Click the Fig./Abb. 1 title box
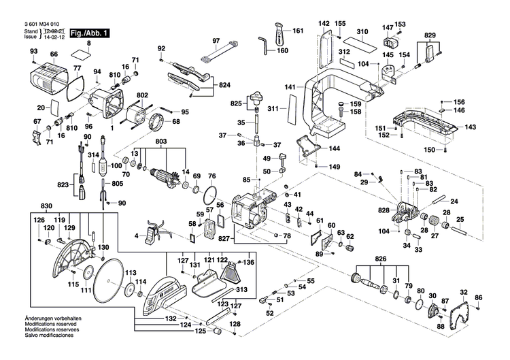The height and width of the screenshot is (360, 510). (x=89, y=33)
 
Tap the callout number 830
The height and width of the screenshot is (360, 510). (x=46, y=206)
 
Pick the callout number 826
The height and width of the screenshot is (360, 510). (x=381, y=260)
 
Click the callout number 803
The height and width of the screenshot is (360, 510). (x=161, y=142)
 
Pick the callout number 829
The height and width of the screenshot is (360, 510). (x=430, y=35)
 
